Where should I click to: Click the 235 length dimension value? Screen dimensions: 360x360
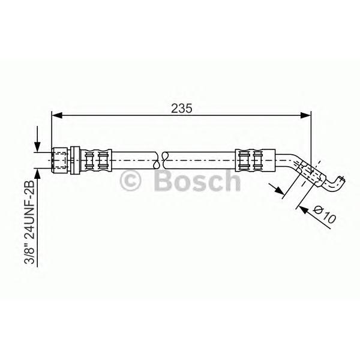click(x=181, y=109)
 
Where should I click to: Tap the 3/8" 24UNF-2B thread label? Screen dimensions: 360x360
click(x=29, y=222)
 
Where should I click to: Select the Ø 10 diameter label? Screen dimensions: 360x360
click(x=325, y=215)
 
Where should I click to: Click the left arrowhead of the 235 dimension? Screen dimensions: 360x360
click(x=57, y=115)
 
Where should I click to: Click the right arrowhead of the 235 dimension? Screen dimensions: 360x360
click(x=305, y=115)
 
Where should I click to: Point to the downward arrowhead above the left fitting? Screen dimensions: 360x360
click(x=37, y=147)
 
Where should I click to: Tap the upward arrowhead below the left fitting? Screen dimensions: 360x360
click(x=37, y=173)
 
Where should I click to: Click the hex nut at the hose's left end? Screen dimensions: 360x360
click(x=60, y=160)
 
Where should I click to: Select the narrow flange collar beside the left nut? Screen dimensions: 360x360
click(x=75, y=160)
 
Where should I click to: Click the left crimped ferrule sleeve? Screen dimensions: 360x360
click(x=97, y=160)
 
